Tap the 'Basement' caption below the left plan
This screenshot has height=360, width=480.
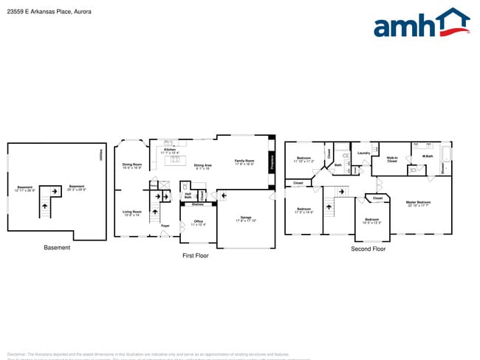click(56, 248)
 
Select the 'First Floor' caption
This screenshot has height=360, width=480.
click(196, 255)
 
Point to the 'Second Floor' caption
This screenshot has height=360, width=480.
click(368, 249)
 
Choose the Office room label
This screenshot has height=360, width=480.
click(198, 222)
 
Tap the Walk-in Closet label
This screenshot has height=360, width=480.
click(392, 159)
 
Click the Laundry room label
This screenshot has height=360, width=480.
click(363, 153)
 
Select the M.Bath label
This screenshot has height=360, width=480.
click(427, 156)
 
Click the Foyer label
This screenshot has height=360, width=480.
click(165, 226)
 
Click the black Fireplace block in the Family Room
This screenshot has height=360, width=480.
click(272, 162)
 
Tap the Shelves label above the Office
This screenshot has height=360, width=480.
click(198, 204)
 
